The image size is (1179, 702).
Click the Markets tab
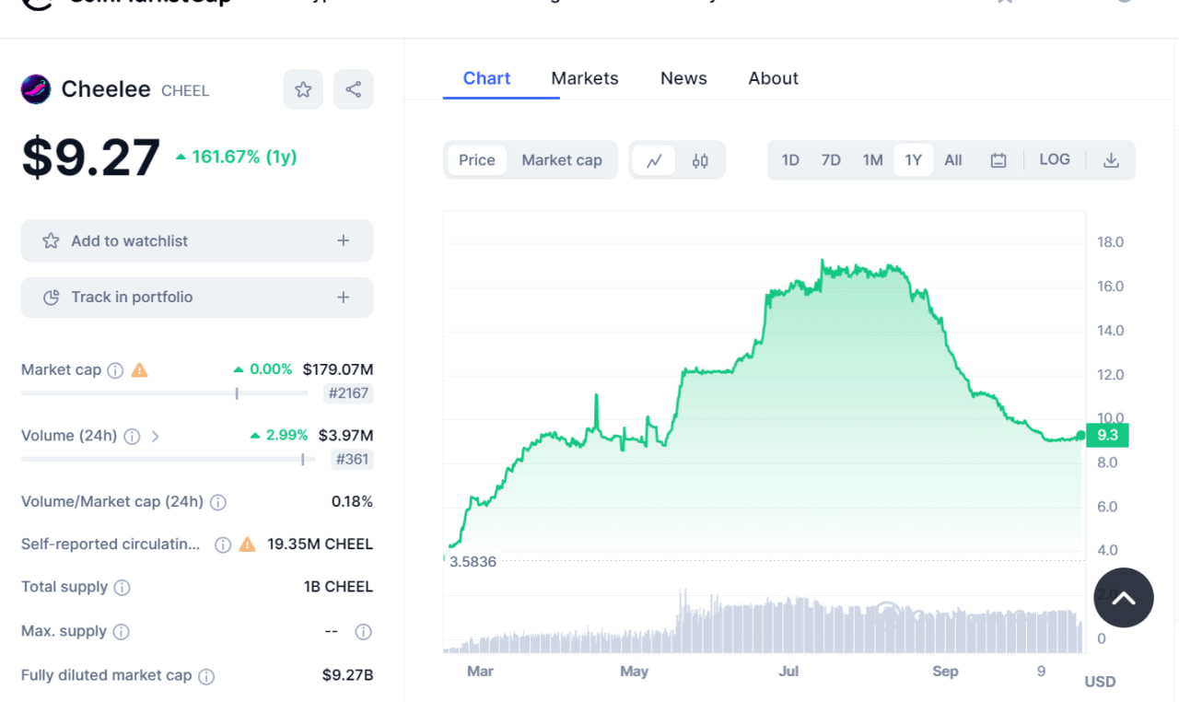click(x=585, y=78)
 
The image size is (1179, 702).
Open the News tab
click(x=683, y=78)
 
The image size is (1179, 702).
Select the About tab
click(x=773, y=78)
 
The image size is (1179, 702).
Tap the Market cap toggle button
click(x=562, y=160)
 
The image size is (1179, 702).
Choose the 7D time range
click(x=831, y=160)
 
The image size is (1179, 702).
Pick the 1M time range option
click(x=872, y=160)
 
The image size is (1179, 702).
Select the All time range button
click(x=953, y=160)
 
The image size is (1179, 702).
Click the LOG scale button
click(x=1055, y=159)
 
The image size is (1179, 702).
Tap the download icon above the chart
click(x=1111, y=160)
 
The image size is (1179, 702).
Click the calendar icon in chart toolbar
click(x=998, y=160)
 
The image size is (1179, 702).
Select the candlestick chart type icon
click(x=700, y=160)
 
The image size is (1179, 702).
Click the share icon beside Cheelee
click(x=353, y=89)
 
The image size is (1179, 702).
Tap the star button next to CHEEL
click(x=303, y=89)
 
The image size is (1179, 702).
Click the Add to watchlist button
click(x=197, y=240)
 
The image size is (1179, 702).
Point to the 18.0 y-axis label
click(x=1110, y=242)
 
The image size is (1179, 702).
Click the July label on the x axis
click(x=788, y=671)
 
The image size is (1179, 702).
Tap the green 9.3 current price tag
click(x=1107, y=435)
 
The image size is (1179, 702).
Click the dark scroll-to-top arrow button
click(x=1124, y=598)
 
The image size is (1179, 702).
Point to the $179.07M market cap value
click(x=337, y=369)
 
